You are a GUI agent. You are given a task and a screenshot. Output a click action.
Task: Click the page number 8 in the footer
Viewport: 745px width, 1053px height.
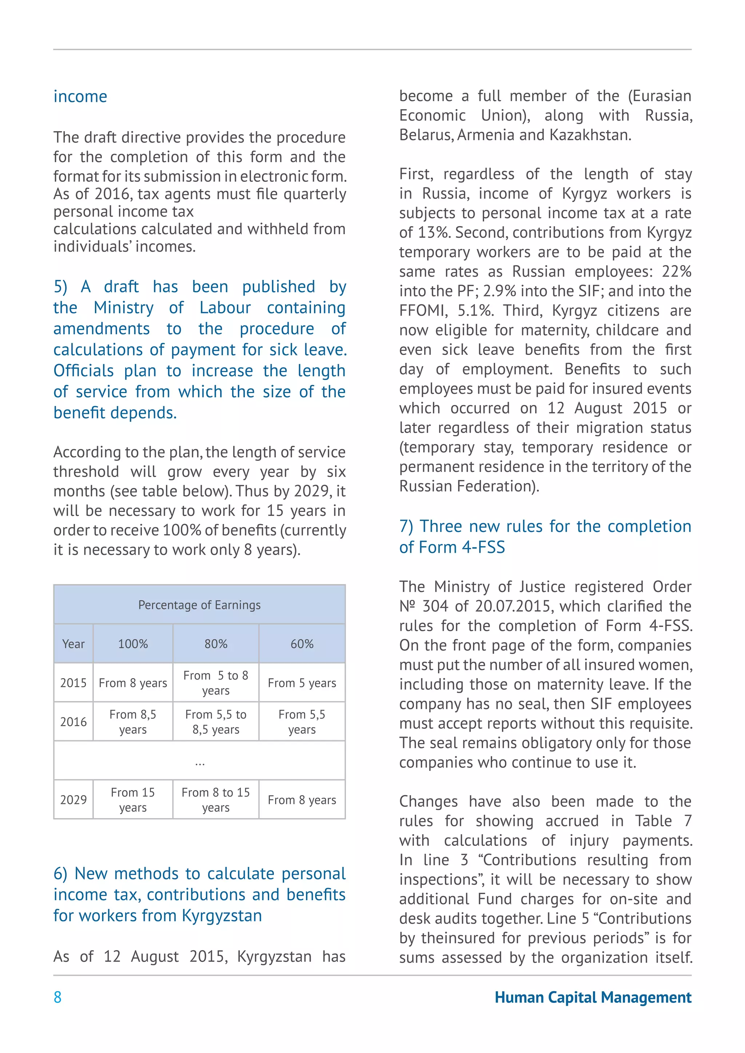pos(57,997)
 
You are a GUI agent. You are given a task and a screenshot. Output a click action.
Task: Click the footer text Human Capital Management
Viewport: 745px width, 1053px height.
pos(593,997)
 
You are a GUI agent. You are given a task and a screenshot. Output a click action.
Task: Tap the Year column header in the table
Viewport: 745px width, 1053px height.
pos(73,644)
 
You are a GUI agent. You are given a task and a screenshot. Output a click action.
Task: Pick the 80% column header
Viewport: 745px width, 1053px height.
pos(216,644)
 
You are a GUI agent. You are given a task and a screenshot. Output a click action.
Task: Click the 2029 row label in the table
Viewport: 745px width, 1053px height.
pos(73,800)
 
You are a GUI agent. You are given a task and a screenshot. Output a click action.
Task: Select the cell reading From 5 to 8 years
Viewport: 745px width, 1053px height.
pos(216,683)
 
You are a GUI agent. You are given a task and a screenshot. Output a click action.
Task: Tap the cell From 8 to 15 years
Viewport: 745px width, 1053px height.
pos(216,800)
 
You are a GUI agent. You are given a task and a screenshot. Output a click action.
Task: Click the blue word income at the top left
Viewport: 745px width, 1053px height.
pos(80,97)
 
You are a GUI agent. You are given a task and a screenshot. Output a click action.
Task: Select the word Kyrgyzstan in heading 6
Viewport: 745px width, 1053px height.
pos(222,916)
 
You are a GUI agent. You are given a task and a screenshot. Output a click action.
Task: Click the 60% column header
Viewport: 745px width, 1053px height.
pos(302,644)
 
